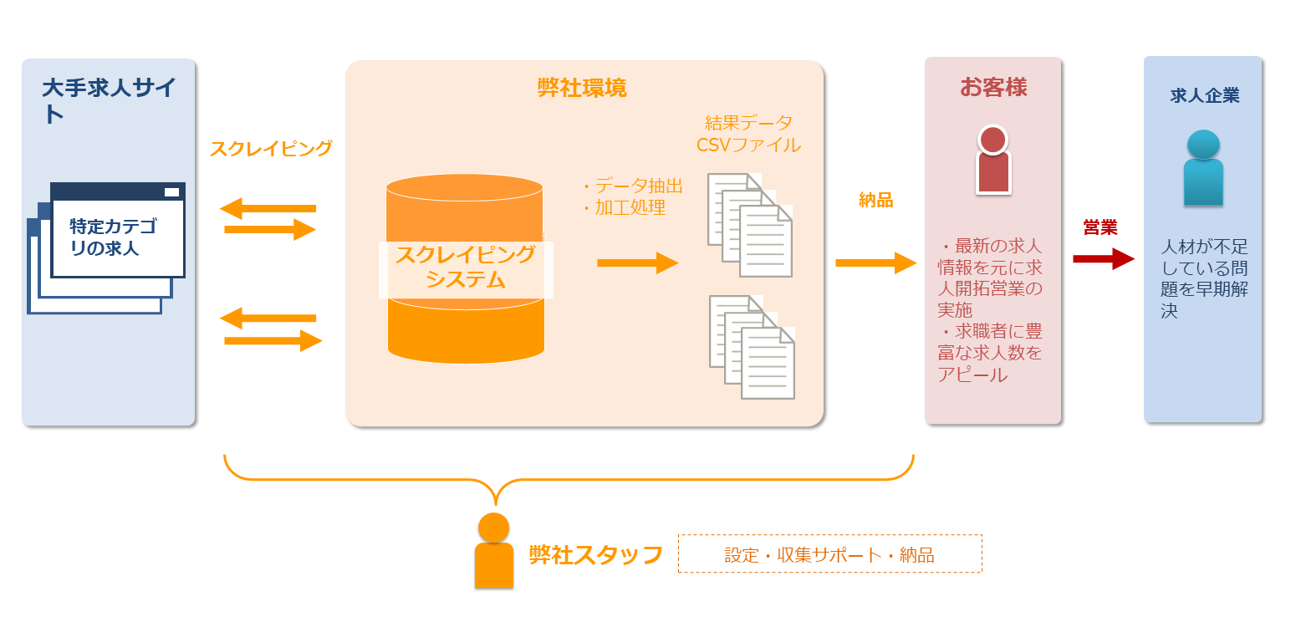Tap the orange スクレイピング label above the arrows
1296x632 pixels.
pyautogui.click(x=271, y=149)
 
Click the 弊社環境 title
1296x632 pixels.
pyautogui.click(x=582, y=88)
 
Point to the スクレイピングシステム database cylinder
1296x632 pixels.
pyautogui.click(x=465, y=268)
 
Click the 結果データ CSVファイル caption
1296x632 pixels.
pyautogui.click(x=748, y=134)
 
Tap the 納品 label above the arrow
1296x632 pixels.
pyautogui.click(x=875, y=200)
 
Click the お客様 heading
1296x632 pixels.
pyautogui.click(x=993, y=87)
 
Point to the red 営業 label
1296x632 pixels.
pyautogui.click(x=1100, y=227)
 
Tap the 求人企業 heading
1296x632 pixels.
pyautogui.click(x=1204, y=96)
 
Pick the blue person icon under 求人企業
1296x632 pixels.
pyautogui.click(x=1203, y=168)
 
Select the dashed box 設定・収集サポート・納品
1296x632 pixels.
pyautogui.click(x=829, y=554)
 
